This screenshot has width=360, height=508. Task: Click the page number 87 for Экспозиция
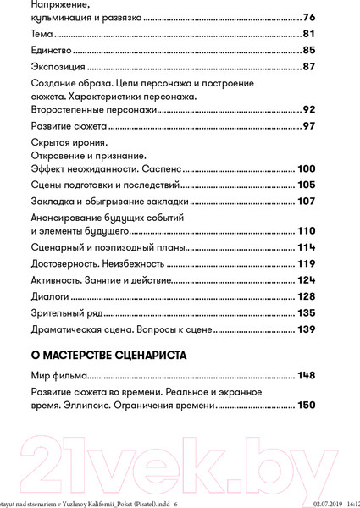[308, 67]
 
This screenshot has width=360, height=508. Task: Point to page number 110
[306, 230]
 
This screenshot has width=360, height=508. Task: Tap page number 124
[306, 279]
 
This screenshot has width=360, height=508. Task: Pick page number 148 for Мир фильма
[306, 377]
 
